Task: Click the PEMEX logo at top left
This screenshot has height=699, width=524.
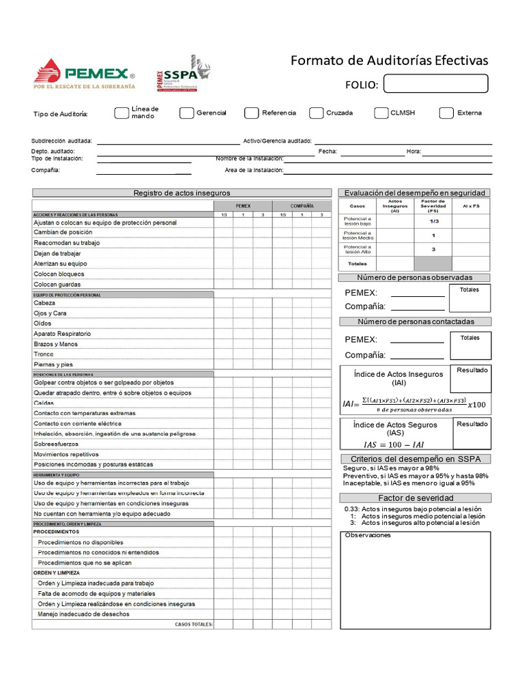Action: (x=84, y=74)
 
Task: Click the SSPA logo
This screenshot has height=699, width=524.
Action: (x=184, y=74)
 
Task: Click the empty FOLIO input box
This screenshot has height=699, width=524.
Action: (x=436, y=83)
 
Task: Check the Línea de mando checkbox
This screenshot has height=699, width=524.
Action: (x=121, y=113)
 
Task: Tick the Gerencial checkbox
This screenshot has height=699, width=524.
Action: (x=186, y=113)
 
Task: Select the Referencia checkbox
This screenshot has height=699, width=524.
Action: (x=251, y=113)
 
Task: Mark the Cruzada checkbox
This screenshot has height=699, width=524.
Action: (x=316, y=113)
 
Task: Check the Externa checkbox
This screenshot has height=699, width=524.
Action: (x=446, y=113)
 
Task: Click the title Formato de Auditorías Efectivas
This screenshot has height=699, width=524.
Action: (x=390, y=61)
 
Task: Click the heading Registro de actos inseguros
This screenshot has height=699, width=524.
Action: (x=181, y=193)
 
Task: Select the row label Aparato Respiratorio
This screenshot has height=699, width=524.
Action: (x=62, y=334)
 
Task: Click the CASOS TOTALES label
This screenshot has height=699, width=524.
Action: (x=194, y=624)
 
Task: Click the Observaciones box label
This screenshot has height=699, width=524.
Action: (x=368, y=535)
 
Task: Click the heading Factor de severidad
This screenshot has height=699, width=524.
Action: (x=416, y=498)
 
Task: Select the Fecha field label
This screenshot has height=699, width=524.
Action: (x=327, y=152)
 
